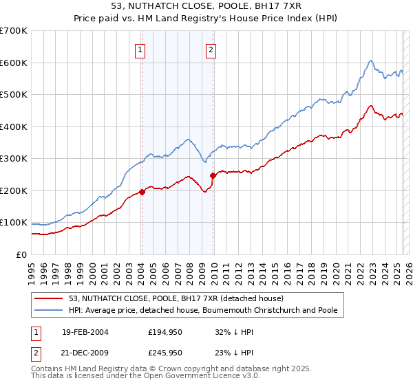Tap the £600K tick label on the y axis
pos(14,63)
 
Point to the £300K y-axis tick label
pos(14,159)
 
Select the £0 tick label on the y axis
pos(21,254)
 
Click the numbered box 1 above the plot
pos(140,49)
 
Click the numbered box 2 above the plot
pos(211,49)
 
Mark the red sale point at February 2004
pos(142,192)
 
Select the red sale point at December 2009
pos(213,175)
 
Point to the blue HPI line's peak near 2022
pos(370,60)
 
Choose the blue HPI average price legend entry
pos(202,311)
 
